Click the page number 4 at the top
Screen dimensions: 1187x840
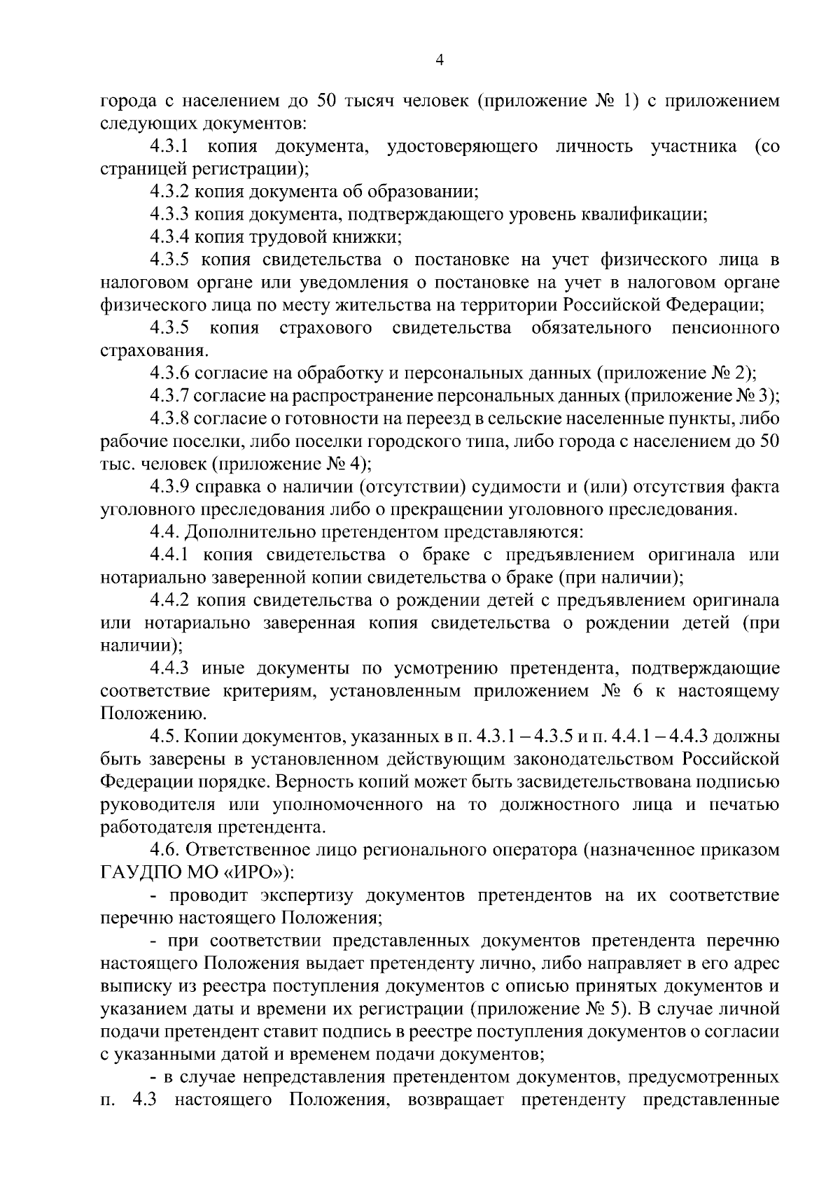[440, 60]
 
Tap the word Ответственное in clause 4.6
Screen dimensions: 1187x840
[256, 851]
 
